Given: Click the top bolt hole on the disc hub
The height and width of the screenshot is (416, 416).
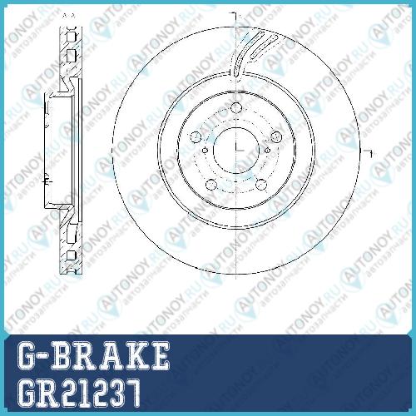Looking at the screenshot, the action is [x=235, y=107].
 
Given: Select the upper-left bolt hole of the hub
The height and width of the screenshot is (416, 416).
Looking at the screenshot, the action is [x=196, y=136].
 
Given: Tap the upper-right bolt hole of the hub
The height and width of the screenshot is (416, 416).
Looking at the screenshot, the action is [x=276, y=136].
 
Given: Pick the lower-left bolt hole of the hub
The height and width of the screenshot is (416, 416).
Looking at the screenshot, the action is [x=211, y=185].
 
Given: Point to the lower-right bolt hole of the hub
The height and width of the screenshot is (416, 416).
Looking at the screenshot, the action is [x=261, y=185].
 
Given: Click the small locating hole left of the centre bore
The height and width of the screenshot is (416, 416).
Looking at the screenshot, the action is [x=205, y=151].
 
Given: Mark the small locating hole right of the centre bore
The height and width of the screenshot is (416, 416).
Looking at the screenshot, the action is [x=267, y=151].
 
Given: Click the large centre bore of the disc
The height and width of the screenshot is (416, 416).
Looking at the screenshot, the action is [x=236, y=151].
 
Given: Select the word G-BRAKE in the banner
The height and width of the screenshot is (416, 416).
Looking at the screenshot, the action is [x=93, y=355].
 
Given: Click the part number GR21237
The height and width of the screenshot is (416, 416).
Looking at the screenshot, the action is [x=78, y=393].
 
